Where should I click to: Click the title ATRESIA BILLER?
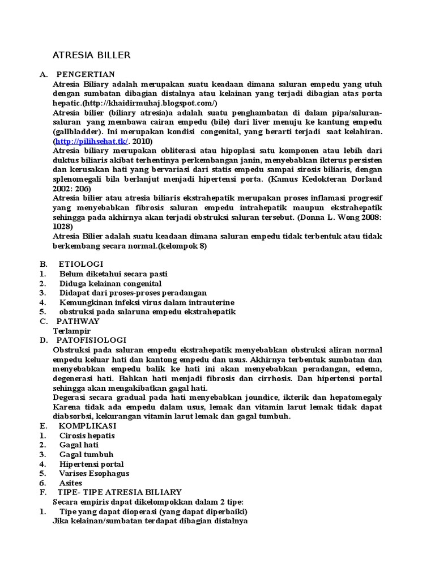[91, 55]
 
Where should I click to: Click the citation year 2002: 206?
[71, 189]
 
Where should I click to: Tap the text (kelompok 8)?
[182, 246]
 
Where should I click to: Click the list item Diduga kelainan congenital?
[110, 283]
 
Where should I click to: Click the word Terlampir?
[72, 331]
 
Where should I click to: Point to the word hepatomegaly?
[353, 398]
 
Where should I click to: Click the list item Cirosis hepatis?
[87, 436]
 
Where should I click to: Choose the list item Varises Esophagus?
[94, 474]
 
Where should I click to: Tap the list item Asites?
[71, 483]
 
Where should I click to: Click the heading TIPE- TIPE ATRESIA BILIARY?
[120, 492]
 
